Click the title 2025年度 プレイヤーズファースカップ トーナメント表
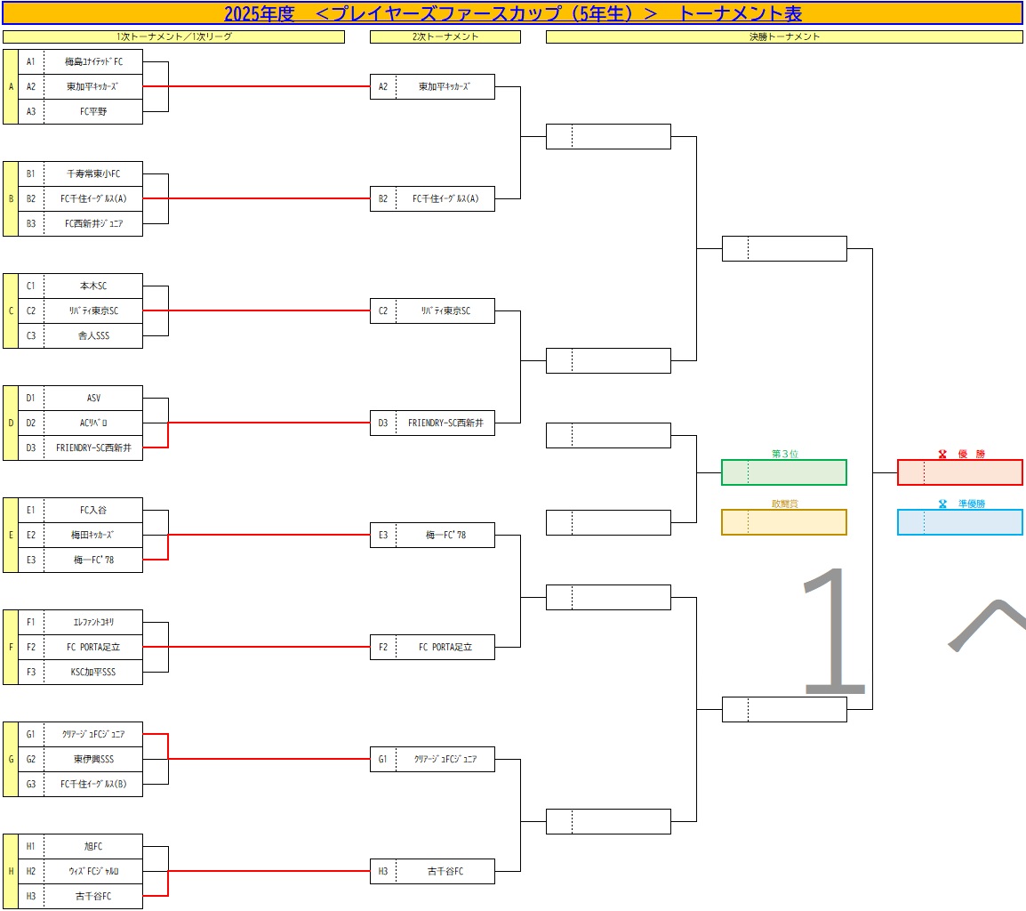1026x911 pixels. (512, 13)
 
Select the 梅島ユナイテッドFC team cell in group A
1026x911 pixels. (92, 61)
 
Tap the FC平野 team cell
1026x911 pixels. (92, 111)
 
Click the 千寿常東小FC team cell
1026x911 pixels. (92, 173)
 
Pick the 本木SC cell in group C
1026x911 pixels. (92, 286)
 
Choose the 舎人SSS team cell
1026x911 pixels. (92, 335)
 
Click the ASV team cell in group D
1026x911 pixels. (92, 398)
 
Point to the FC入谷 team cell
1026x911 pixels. (92, 510)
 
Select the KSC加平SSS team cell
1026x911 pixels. (92, 672)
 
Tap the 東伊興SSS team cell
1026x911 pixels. (92, 759)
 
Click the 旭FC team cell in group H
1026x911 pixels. (92, 846)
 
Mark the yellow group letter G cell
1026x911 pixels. (11, 759)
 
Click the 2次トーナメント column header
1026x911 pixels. (445, 36)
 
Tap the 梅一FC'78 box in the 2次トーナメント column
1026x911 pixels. (445, 535)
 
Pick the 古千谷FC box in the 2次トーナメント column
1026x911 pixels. (445, 871)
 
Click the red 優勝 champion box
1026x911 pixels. (960, 472)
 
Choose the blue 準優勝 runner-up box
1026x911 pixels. (960, 522)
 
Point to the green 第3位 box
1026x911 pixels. (783, 472)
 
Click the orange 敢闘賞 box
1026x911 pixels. (783, 522)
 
